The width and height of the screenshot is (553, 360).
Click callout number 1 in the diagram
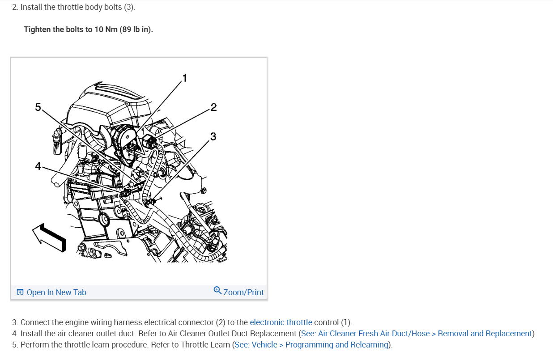click(185, 78)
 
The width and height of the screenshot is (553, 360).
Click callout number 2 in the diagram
click(213, 107)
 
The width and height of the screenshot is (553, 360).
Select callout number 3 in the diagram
click(213, 136)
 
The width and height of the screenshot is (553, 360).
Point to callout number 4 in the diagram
click(38, 166)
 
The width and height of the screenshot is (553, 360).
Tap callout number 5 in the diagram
click(38, 107)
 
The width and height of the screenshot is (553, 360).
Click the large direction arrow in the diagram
click(49, 236)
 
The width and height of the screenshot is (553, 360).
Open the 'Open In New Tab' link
click(56, 292)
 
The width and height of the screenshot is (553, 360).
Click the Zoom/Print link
click(243, 292)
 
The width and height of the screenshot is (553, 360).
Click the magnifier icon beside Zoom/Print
click(217, 291)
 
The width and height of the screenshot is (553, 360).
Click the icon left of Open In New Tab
click(20, 292)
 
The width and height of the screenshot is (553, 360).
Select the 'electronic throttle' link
click(281, 322)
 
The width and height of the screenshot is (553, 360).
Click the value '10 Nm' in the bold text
click(106, 30)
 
